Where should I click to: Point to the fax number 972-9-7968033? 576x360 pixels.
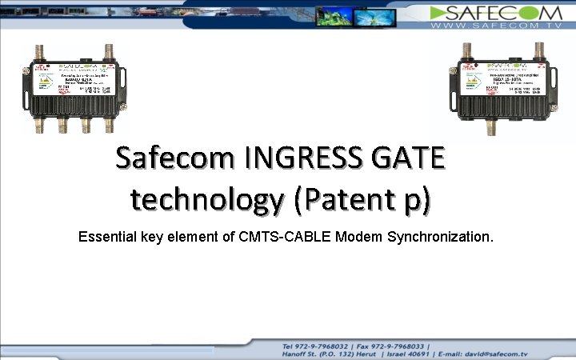click(x=397, y=346)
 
